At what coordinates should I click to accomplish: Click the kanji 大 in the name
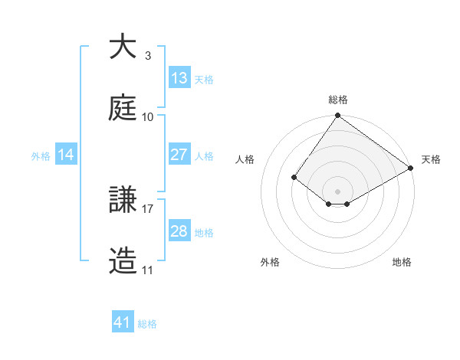tap(123, 47)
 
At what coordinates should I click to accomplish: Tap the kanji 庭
tap(123, 108)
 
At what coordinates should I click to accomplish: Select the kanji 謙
tap(123, 201)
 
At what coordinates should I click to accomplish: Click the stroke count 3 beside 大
tap(147, 55)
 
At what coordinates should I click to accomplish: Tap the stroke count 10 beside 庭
tap(148, 116)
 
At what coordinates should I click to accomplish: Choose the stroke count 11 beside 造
tap(148, 270)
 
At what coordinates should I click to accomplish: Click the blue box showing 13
tap(179, 77)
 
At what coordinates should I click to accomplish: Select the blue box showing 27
tap(179, 154)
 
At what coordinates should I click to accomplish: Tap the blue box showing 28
tap(179, 231)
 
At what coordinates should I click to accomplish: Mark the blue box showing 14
tap(66, 155)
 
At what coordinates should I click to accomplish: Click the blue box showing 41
tap(123, 322)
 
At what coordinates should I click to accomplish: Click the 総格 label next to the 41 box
tap(147, 324)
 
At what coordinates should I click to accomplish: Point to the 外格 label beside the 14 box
tap(41, 156)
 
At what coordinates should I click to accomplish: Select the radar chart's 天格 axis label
tap(431, 159)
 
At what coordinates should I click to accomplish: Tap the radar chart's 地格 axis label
tap(402, 262)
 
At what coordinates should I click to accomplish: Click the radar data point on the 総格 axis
tap(338, 116)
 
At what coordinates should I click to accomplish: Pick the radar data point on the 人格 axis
tap(294, 177)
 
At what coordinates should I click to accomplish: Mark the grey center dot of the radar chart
tap(338, 191)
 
